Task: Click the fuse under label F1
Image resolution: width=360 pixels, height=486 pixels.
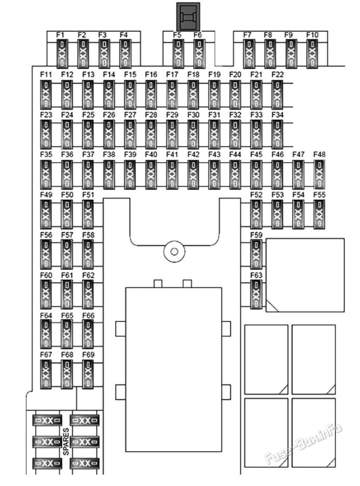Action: pos(62,54)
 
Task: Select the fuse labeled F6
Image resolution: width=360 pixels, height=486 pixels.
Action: pos(199,54)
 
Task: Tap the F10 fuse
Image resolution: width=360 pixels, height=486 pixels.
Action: pos(312,54)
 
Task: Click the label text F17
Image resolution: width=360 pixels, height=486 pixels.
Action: pos(172,75)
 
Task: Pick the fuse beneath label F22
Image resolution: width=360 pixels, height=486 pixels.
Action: pos(277,95)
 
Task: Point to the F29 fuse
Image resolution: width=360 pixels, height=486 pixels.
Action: pos(172,134)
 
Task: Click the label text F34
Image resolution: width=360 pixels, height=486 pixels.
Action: pos(278,115)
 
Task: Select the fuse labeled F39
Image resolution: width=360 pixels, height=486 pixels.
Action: pos(130,174)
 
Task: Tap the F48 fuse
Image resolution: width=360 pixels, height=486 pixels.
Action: pos(319,174)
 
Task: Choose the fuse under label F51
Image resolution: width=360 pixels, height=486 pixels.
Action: pos(88,214)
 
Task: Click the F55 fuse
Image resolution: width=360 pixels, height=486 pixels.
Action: pos(319,214)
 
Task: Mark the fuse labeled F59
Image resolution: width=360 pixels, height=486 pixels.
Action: pos(256,254)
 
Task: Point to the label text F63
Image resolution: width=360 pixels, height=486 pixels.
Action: pos(256,275)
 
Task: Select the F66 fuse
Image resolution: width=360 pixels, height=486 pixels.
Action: pos(88,334)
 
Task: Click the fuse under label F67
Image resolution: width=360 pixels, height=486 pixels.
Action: pos(46,374)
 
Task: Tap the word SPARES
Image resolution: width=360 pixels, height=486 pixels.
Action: pos(66,442)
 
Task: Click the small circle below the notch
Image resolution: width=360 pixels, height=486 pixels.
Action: pos(174,251)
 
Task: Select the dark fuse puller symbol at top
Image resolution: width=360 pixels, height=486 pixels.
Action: pos(188,17)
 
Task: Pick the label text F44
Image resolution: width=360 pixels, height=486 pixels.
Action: pos(236,154)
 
